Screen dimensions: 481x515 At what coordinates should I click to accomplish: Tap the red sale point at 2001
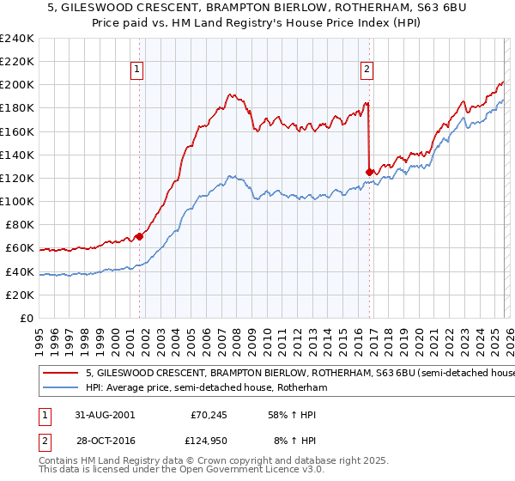click(x=139, y=236)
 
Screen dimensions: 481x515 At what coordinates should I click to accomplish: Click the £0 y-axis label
click(x=26, y=319)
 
